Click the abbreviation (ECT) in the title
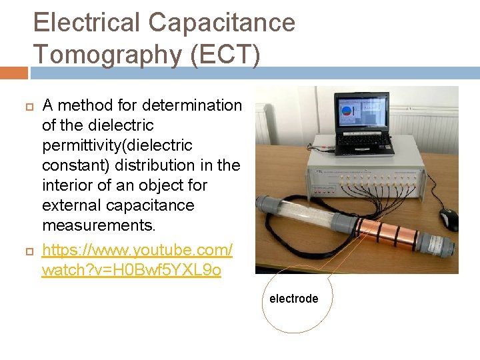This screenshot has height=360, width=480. [x=225, y=54]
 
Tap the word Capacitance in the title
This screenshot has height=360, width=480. [x=221, y=23]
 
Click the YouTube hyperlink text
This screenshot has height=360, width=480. [x=137, y=260]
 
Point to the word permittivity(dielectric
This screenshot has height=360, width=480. [x=117, y=145]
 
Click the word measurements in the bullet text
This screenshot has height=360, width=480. [x=98, y=225]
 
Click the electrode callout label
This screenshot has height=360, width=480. [x=293, y=299]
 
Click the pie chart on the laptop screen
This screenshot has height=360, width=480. [x=347, y=111]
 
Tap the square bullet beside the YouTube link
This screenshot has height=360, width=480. [x=28, y=251]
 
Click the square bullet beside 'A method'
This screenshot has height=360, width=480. [x=28, y=106]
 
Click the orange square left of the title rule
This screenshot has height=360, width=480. [x=14, y=72]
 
